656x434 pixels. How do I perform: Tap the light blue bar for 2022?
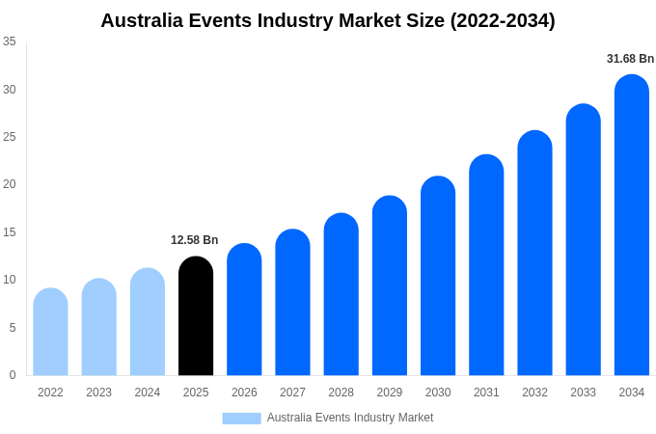50,332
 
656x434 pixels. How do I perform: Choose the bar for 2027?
292,303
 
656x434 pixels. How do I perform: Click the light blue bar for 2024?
148,322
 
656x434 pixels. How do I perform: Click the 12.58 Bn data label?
195,240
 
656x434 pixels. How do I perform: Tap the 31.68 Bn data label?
630,59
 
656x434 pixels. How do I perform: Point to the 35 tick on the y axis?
10,41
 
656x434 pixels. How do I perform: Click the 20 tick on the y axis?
10,184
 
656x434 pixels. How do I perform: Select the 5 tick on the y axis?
13,328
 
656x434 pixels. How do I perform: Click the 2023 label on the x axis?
98,393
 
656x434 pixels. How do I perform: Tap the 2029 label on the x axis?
389,393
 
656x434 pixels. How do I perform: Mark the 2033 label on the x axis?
583,393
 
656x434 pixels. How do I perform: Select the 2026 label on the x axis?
244,393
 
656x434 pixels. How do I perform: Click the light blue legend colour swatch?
241,419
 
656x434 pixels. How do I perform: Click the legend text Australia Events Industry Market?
350,418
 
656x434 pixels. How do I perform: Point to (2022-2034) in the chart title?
503,20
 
